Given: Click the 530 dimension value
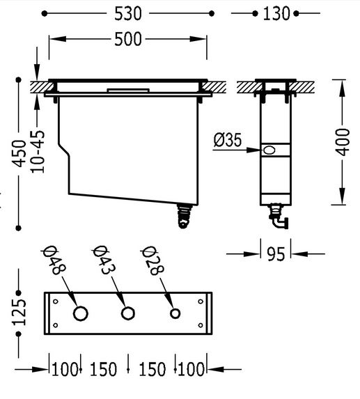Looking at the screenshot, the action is [x=127, y=14].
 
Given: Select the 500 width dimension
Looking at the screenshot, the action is [x=127, y=39].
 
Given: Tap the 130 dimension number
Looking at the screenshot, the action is [x=276, y=14].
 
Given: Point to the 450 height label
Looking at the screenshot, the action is [x=19, y=154].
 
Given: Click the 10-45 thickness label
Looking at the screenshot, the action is [x=38, y=152].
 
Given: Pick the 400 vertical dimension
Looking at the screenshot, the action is [x=343, y=142].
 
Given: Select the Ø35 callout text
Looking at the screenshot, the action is [x=228, y=140].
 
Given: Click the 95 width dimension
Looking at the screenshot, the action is [x=276, y=254].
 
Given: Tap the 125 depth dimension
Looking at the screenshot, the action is [x=19, y=312].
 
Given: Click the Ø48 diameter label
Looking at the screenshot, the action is [x=54, y=260].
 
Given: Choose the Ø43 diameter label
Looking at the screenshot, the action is [x=104, y=260].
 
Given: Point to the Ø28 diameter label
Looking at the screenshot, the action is [x=152, y=260].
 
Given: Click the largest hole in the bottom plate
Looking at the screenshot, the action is [x=81, y=313].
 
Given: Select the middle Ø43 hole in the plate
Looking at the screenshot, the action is [x=127, y=313].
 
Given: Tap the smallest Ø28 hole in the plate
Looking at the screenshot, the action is [x=175, y=313].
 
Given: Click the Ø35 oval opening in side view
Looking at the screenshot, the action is [x=269, y=150].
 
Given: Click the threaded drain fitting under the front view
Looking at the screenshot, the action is [x=184, y=215].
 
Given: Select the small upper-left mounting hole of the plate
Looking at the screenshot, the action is [x=56, y=302].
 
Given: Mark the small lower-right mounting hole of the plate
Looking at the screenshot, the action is [x=201, y=325].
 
